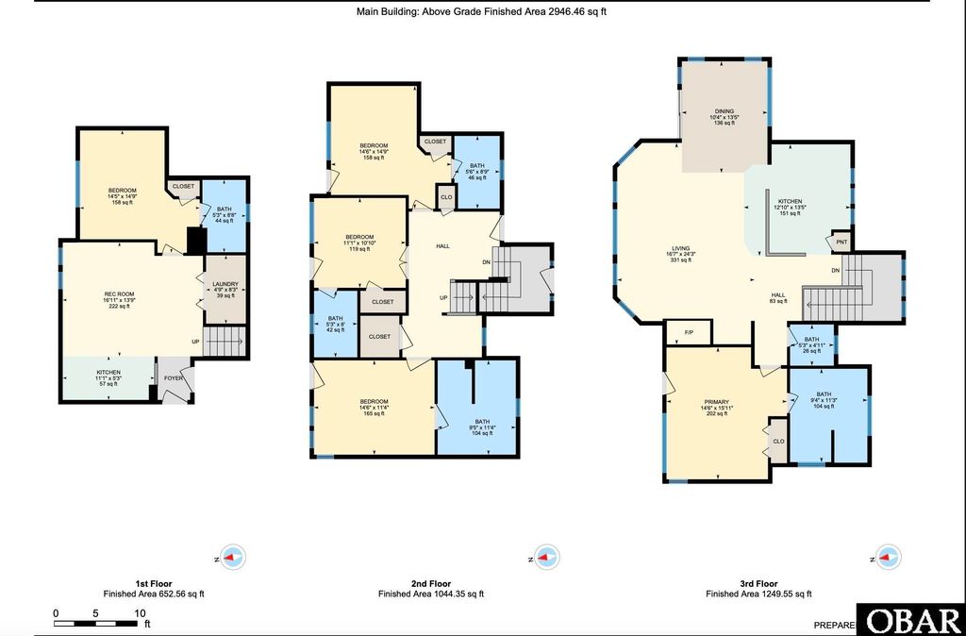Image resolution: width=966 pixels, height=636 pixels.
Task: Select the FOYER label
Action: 174,378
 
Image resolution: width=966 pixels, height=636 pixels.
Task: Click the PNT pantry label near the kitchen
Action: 841,243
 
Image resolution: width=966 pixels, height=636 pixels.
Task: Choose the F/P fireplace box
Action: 688,332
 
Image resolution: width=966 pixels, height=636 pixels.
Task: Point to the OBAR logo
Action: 911,620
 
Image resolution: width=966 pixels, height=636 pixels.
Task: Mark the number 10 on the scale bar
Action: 140,613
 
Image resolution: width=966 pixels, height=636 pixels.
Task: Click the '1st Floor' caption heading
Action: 154,583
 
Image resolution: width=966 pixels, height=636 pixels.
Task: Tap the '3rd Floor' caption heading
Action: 758,583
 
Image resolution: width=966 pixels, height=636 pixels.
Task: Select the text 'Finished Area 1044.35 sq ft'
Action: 431,594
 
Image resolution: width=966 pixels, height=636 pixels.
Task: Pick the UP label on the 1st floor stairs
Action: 196,342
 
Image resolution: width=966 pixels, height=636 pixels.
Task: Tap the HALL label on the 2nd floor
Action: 442,245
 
